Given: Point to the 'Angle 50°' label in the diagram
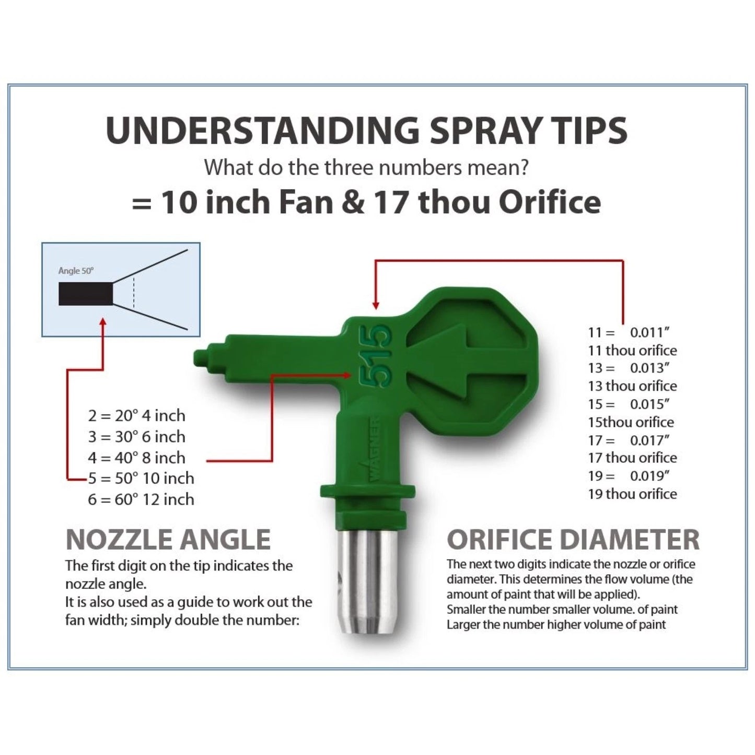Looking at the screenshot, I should tap(76, 271).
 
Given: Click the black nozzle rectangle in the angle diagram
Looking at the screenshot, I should tap(86, 294).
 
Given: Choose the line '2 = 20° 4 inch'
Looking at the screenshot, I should tap(136, 416).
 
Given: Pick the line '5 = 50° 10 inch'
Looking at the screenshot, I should tap(141, 479).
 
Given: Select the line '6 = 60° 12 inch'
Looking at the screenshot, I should tap(141, 500).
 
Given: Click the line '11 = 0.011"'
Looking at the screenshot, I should tap(629, 332).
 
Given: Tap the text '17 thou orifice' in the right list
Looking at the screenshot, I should tap(632, 458).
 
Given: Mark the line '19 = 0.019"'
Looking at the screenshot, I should tap(629, 476).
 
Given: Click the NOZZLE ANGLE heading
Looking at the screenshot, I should tap(168, 540).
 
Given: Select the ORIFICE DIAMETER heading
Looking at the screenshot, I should tap(573, 540).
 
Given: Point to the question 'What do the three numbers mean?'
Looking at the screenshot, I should tap(366, 168).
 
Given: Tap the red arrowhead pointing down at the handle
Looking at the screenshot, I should tap(375, 305).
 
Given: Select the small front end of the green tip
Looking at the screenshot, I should tap(201, 358).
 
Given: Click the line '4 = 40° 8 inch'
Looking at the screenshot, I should tap(136, 458).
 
